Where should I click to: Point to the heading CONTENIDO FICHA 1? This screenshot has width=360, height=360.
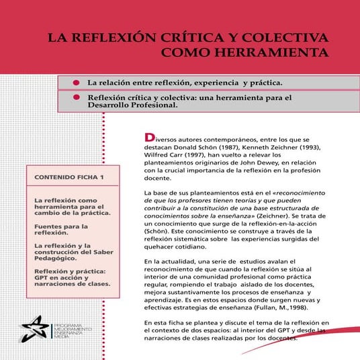(x=64, y=179)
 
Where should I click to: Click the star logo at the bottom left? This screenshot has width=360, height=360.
(x=32, y=328)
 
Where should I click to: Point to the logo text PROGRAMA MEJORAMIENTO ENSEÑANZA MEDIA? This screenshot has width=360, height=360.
(x=69, y=328)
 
